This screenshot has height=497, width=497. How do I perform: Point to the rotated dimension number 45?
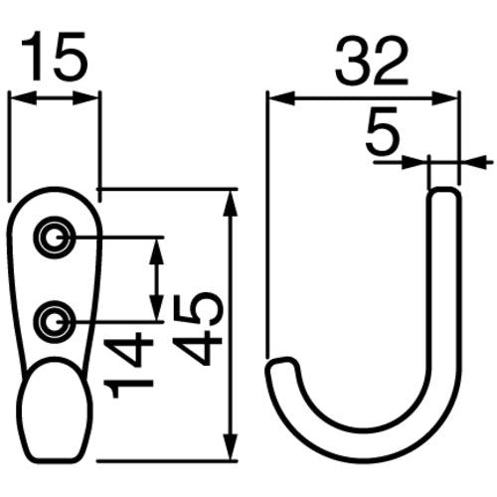coord(194,328)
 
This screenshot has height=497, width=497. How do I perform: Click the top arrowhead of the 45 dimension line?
coord(231,198)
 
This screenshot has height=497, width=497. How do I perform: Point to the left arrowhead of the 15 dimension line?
coord(15,97)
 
